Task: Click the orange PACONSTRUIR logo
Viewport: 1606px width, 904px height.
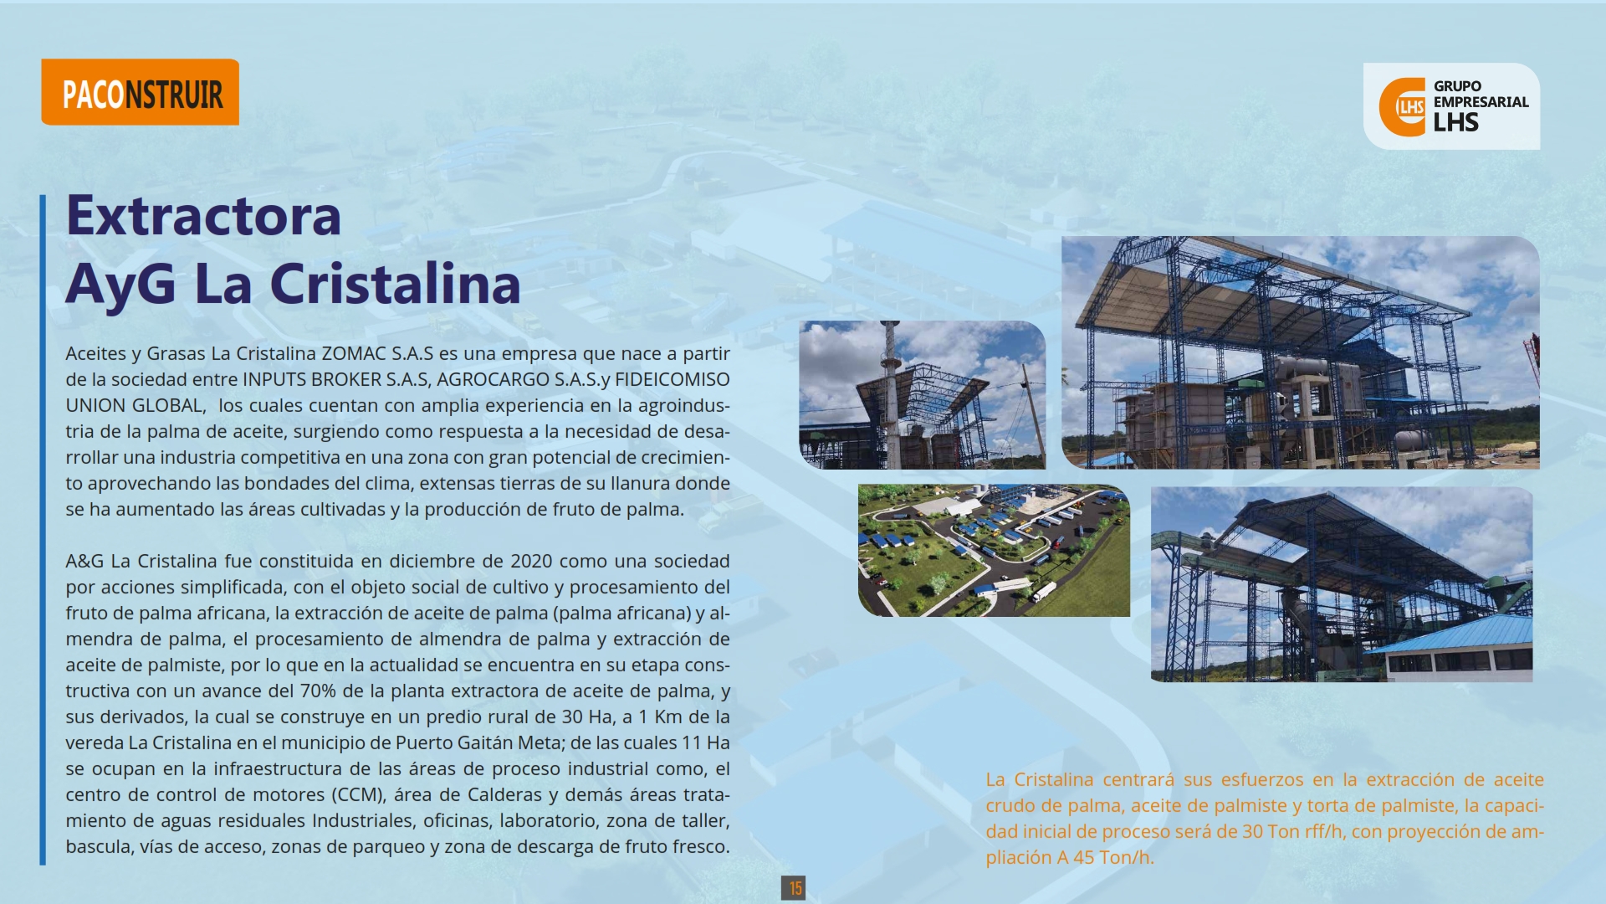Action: coord(140,92)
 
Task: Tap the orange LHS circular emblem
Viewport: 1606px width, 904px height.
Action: coord(1403,106)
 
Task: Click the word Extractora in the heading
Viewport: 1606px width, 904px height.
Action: coord(203,215)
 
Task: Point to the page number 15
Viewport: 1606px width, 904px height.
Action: coord(793,887)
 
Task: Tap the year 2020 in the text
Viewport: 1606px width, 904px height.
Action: coord(531,561)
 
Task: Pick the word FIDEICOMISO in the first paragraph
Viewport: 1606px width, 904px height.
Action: coord(673,379)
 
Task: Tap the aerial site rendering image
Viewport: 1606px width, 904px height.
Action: coord(994,551)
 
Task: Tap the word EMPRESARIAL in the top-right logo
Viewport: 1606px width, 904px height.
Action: coord(1481,102)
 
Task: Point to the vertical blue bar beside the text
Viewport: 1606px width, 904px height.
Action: coord(43,530)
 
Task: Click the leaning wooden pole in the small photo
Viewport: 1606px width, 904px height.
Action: coord(1033,413)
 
